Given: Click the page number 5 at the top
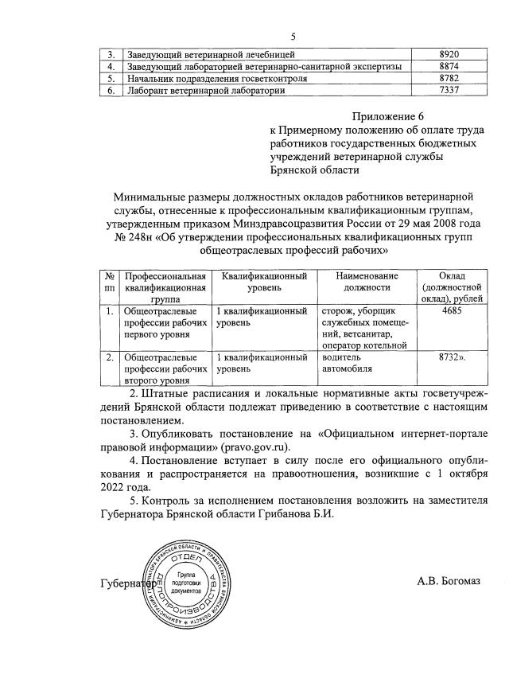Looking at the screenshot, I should coord(293,37).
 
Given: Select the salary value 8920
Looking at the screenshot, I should coord(451,53).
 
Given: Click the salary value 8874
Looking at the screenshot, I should coord(451,66).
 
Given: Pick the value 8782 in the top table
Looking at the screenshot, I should coord(451,79).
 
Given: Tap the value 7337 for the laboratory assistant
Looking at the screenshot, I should coord(451,92).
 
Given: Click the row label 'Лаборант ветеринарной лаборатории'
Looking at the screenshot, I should coord(206,92).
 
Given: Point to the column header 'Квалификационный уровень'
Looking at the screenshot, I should coord(264,281).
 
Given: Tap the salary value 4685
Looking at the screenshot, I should coord(450,310).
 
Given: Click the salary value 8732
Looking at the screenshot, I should coord(451,358).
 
